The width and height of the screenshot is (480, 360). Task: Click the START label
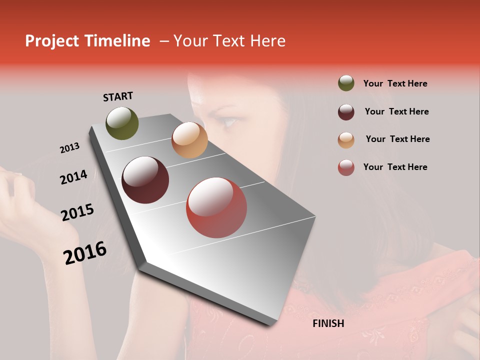(x=118, y=96)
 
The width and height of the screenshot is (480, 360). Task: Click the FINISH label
(x=328, y=323)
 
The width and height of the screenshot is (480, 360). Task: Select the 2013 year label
(x=70, y=148)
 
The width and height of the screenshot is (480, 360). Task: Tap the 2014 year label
(x=73, y=177)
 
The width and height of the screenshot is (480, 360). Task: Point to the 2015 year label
(x=77, y=212)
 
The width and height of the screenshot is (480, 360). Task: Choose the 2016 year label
(x=85, y=252)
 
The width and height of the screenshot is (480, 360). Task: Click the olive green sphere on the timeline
(x=122, y=123)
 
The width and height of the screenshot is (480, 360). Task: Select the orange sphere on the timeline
(x=189, y=140)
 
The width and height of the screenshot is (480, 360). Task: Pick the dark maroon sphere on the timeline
(x=145, y=180)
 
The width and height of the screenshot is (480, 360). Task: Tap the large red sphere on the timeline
(x=216, y=207)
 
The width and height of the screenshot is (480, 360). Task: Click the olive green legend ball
(x=346, y=83)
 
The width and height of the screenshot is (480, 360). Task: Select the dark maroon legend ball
(x=346, y=111)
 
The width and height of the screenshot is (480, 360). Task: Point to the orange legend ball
(x=346, y=139)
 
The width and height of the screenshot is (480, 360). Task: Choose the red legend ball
(x=346, y=167)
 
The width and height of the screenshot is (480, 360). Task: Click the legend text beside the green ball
(x=395, y=83)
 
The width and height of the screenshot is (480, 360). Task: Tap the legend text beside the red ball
(x=395, y=167)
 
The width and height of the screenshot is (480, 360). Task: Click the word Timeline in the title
(x=117, y=41)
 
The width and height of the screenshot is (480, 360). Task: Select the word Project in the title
(x=52, y=41)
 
